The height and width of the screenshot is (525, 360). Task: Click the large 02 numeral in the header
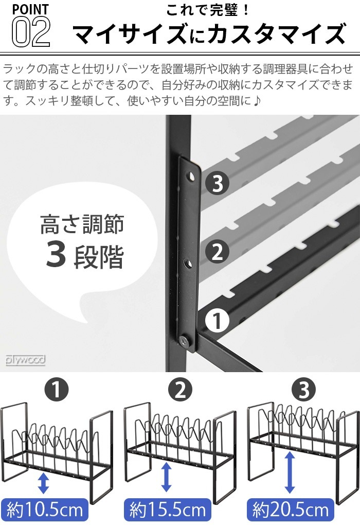pos(30,32)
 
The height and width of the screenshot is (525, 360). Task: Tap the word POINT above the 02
pos(29,9)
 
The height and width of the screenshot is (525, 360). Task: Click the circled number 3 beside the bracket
pos(217,184)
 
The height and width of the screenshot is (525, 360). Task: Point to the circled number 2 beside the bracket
pos(217,252)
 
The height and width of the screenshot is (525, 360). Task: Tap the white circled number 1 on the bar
pos(217,322)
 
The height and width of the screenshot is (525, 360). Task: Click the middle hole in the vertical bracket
pos(189,264)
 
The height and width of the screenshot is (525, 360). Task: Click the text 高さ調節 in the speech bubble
pos(82,225)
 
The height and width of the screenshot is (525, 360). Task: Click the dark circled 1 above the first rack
pos(56,390)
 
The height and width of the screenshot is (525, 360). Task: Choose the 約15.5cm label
pos(168,510)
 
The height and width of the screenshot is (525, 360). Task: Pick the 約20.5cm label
pos(291,510)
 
